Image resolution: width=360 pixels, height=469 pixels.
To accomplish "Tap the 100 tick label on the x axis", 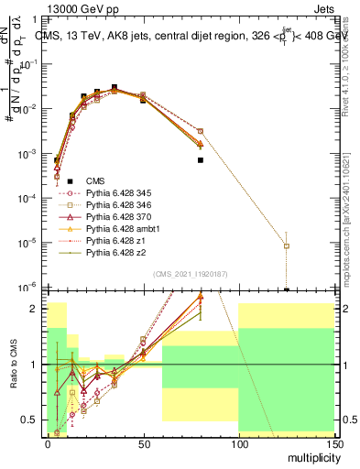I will tap(238, 443).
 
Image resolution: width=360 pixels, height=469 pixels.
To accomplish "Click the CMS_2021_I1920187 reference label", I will tap(190, 274).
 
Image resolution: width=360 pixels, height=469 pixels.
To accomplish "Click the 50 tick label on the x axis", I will tap(143, 443).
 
